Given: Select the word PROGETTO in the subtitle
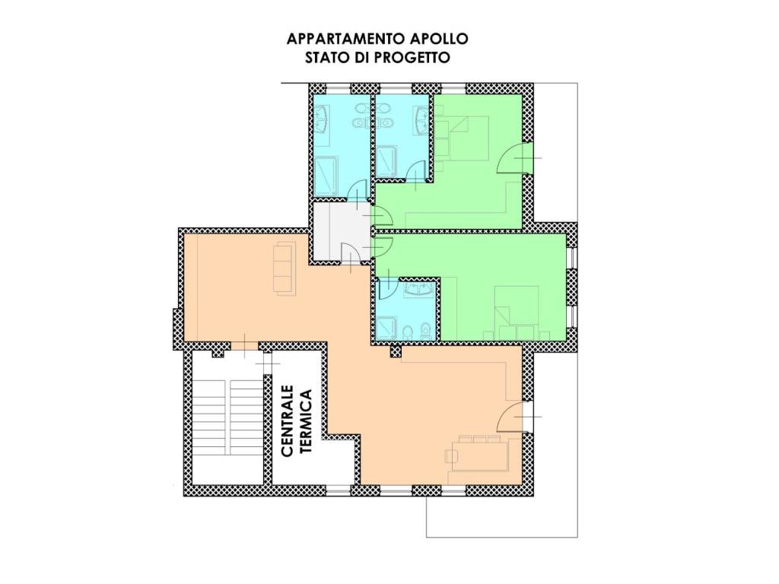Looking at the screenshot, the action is coord(412,58).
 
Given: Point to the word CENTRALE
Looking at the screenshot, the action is coord(287,421).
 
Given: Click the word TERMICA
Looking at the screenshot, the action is coord(305,421).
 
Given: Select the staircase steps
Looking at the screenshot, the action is coord(228,417).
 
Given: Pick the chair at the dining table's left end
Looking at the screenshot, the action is coord(451,456).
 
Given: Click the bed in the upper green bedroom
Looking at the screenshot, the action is coord(463,138).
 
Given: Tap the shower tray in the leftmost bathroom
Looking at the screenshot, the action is coord(326,176).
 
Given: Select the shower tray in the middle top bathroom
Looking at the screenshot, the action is coord(386,161).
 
